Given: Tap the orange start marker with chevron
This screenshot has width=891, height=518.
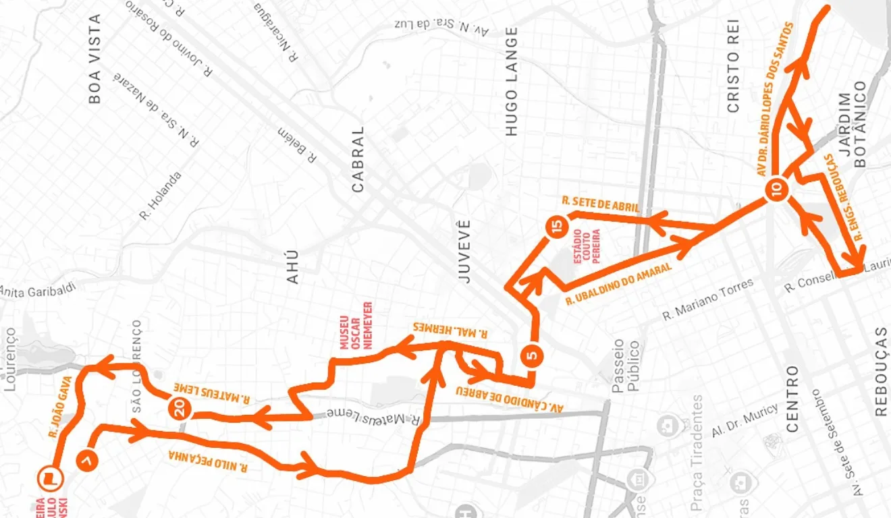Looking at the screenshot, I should coord(88,459).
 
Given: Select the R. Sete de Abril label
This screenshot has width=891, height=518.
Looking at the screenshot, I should coord(600,204).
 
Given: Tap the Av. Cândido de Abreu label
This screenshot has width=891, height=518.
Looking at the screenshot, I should coord(510,399).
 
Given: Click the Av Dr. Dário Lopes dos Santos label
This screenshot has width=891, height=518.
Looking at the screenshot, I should coord(775,100).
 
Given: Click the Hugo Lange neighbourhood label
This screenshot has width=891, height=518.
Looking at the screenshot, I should coord(512,81).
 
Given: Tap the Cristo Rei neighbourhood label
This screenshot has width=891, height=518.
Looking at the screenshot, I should coord(734,65).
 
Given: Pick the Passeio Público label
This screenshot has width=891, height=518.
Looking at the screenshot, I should coord(626,367).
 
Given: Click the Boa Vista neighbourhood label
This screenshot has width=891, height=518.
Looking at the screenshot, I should coord(94,59).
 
